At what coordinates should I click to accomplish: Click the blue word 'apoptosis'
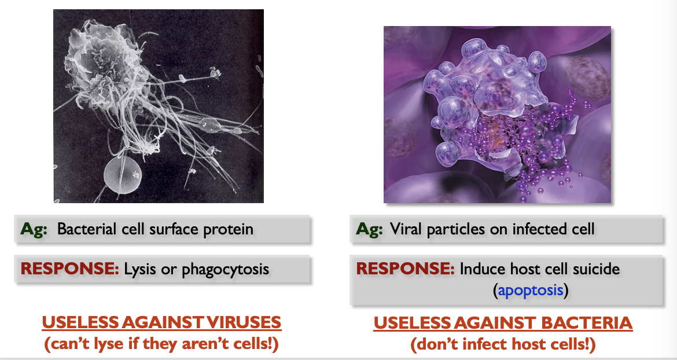click(530, 289)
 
